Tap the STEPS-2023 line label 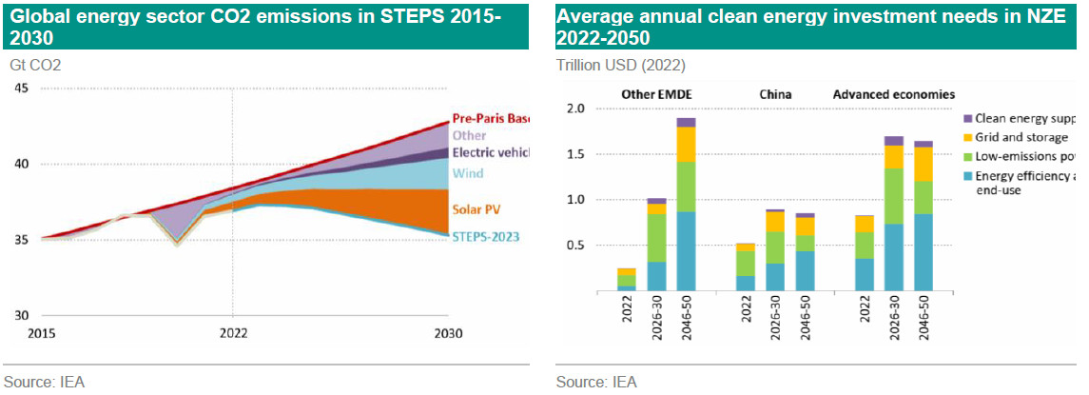tap(485, 236)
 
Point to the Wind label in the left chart tap(468, 173)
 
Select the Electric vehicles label tap(490, 152)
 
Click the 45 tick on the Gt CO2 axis tap(21, 89)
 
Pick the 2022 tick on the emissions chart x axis tap(233, 333)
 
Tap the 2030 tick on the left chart tap(447, 333)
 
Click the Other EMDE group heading tap(657, 94)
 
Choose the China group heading tap(775, 94)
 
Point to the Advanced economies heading tap(893, 94)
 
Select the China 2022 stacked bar tap(746, 267)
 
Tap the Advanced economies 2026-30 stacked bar tap(894, 213)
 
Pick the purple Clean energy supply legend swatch tap(967, 118)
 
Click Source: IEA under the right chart tap(596, 382)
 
